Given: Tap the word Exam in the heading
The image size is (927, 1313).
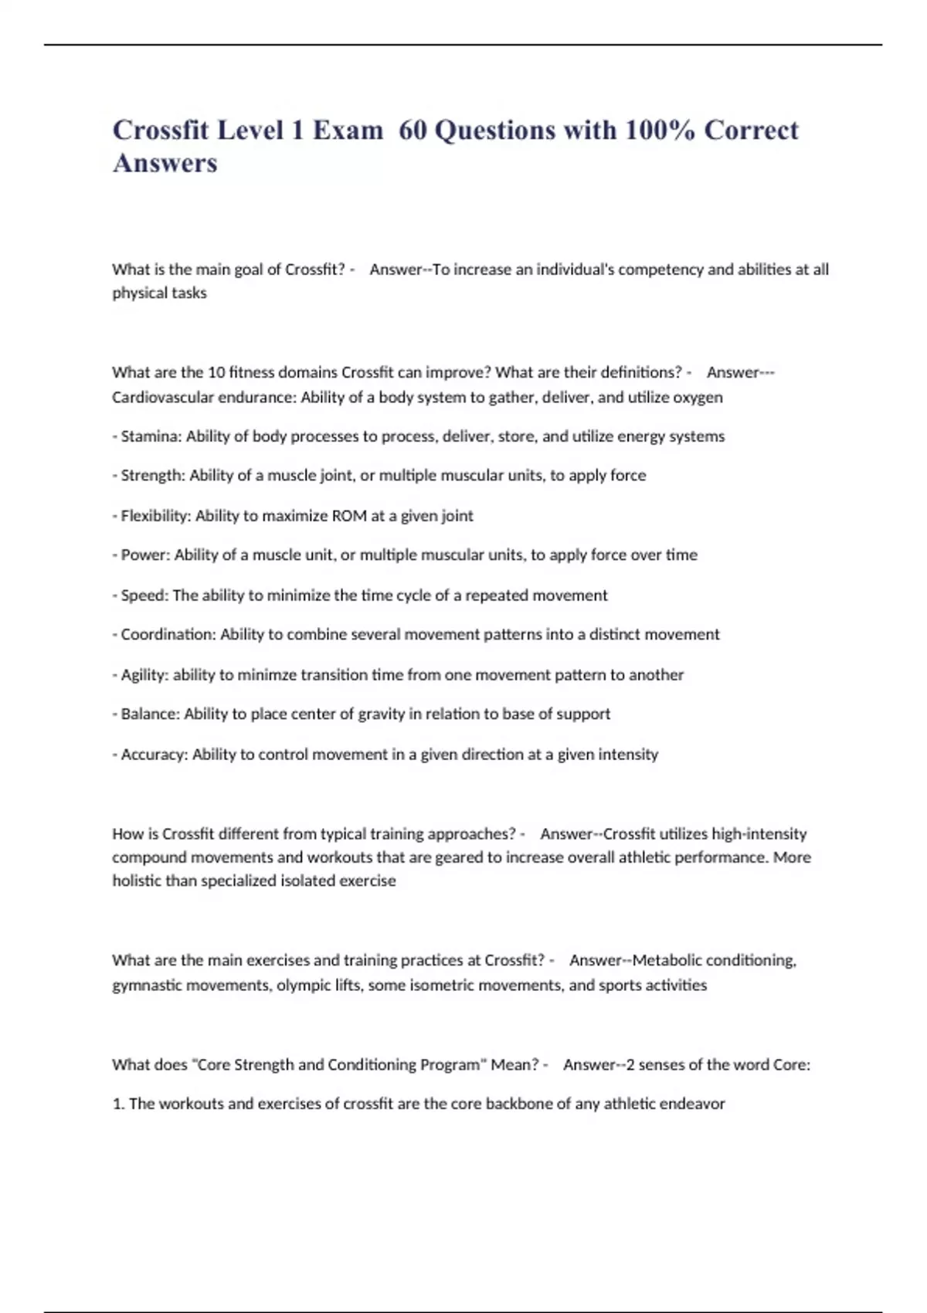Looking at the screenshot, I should [x=348, y=130].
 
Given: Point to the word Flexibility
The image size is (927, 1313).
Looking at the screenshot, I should [x=155, y=516].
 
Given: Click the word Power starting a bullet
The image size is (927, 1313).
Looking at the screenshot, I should [x=144, y=555].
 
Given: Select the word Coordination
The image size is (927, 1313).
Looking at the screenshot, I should [x=168, y=635].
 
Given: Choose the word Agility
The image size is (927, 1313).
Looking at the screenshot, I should [x=144, y=675].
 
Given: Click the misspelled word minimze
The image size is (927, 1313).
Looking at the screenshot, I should [x=267, y=675].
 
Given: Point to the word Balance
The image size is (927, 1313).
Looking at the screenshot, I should [x=149, y=714].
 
